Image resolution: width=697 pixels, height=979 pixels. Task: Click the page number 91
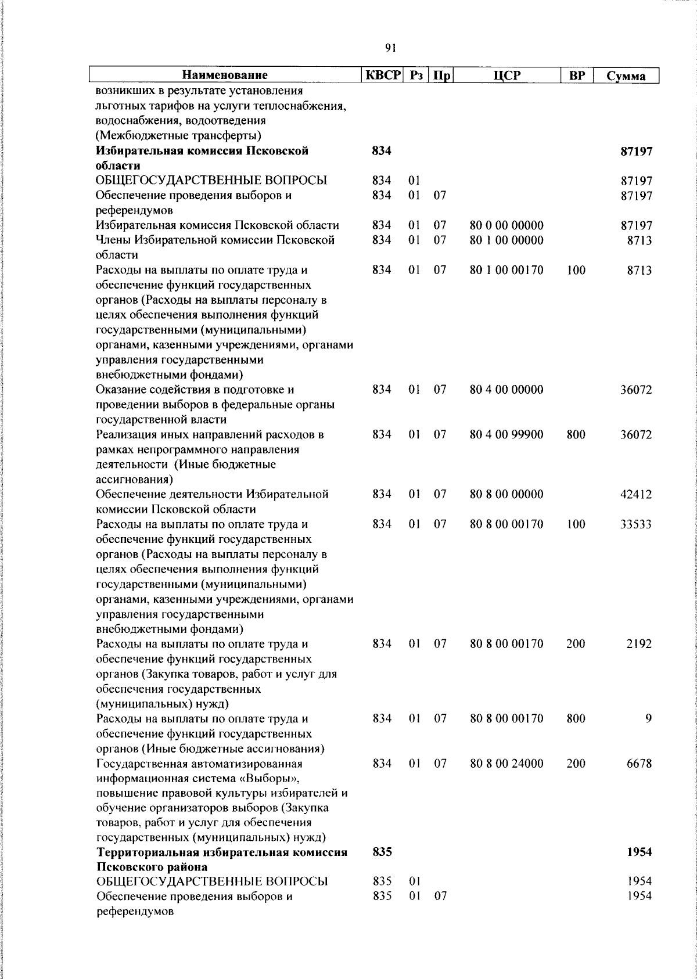pyautogui.click(x=390, y=48)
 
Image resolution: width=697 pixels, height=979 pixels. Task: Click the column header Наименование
pyautogui.click(x=225, y=75)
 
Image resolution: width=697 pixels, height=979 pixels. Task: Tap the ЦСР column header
pyautogui.click(x=507, y=75)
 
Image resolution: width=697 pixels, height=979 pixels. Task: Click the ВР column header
pyautogui.click(x=576, y=75)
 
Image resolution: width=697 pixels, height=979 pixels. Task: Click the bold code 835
pyautogui.click(x=382, y=852)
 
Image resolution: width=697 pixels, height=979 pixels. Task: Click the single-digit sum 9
pyautogui.click(x=648, y=719)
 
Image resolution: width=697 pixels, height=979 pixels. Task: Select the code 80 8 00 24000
pyautogui.click(x=506, y=764)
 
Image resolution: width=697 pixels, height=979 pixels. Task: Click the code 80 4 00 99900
pyautogui.click(x=506, y=435)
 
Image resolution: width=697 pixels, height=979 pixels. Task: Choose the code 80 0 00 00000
pyautogui.click(x=506, y=225)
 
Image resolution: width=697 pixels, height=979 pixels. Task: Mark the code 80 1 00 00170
pyautogui.click(x=506, y=270)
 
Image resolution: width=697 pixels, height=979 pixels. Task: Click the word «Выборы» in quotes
pyautogui.click(x=272, y=778)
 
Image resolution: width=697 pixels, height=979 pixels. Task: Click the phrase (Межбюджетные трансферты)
pyautogui.click(x=178, y=136)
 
